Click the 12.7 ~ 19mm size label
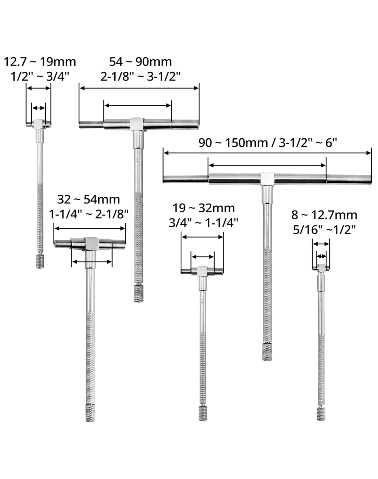[x=40, y=62]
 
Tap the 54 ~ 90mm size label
[x=140, y=62]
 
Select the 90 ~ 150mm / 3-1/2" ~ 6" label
[x=268, y=143]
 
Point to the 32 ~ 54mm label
[x=89, y=200]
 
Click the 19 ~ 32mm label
[x=204, y=208]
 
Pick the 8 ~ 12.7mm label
[x=324, y=215]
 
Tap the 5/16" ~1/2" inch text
[x=324, y=230]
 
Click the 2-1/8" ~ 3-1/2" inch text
[x=140, y=76]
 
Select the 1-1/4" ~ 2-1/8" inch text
[x=89, y=214]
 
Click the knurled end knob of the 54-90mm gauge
[x=139, y=293]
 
